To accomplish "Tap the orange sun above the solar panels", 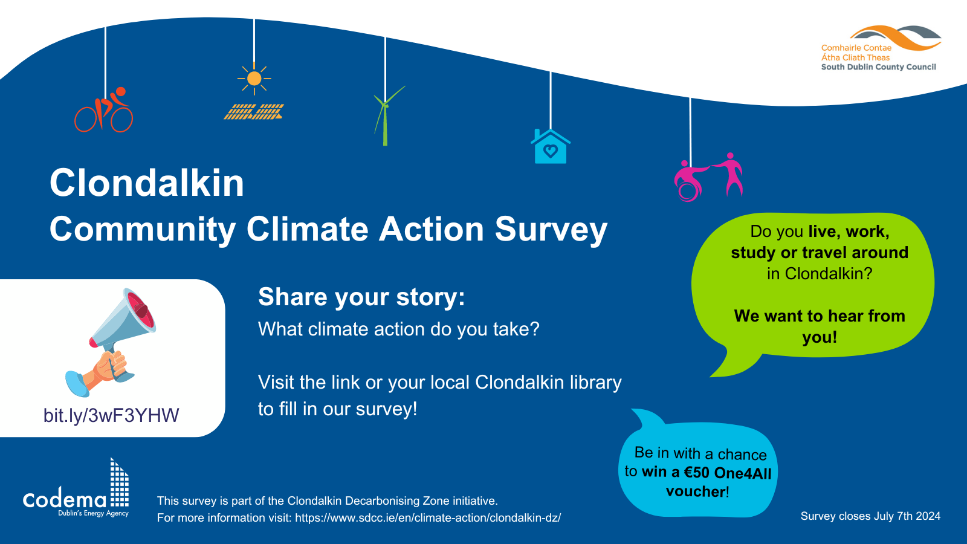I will (x=254, y=79).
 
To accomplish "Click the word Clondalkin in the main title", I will (x=147, y=183).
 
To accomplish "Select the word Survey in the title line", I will (x=551, y=230).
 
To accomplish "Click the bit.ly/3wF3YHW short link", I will (x=111, y=415).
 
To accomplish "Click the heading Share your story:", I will (x=361, y=297).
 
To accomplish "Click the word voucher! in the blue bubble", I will (x=697, y=491).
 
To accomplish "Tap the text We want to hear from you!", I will (x=820, y=326).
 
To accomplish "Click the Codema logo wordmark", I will (x=65, y=499).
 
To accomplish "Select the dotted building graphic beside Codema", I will (x=119, y=484).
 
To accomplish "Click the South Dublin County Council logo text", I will (x=878, y=67).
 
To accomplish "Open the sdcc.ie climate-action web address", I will (x=428, y=518).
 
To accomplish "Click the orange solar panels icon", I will (x=254, y=112).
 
